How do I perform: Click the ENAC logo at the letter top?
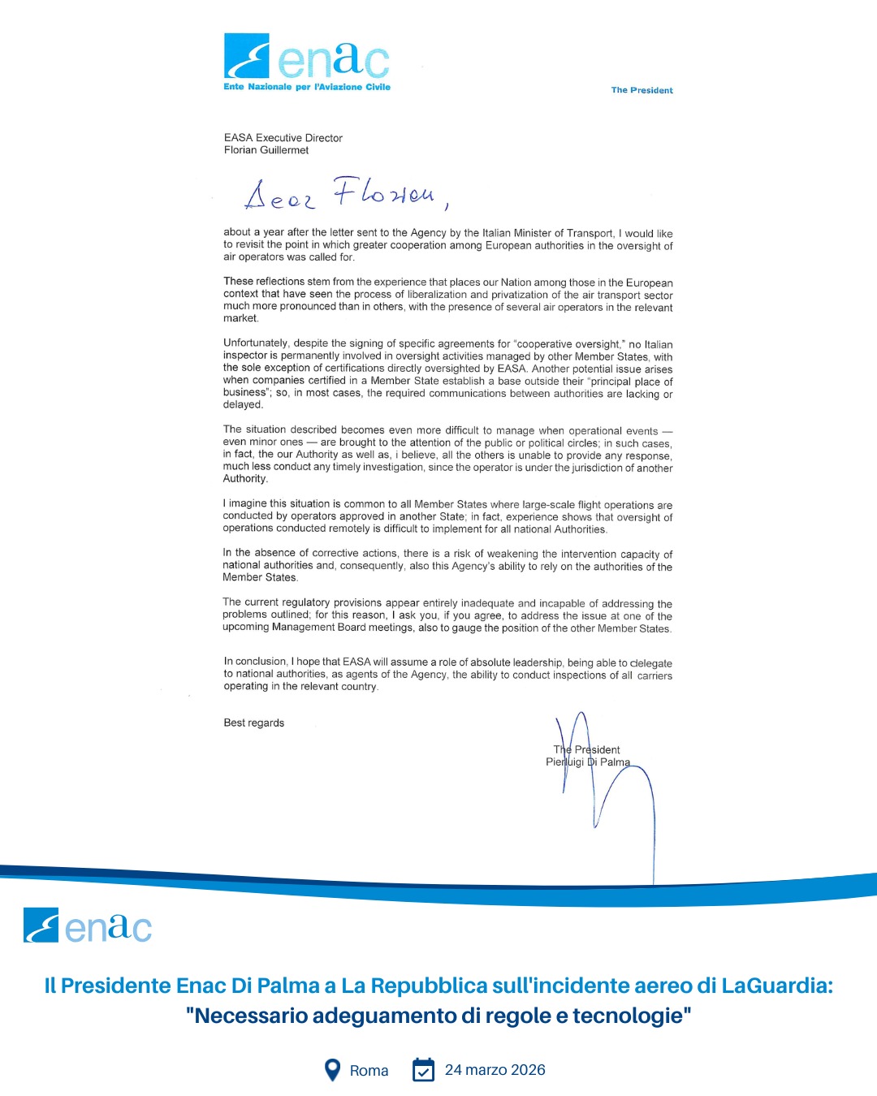tap(306, 57)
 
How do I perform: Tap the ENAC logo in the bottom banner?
tap(88, 926)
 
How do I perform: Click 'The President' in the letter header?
tap(642, 90)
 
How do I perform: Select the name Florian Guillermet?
tap(266, 150)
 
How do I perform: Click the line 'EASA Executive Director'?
tap(283, 138)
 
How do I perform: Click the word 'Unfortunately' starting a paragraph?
tap(255, 343)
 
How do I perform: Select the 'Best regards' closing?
tap(254, 723)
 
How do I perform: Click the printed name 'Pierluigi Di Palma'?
tap(588, 762)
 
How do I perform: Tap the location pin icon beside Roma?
tap(332, 1070)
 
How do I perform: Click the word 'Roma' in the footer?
tap(369, 1071)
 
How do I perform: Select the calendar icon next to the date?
tap(423, 1070)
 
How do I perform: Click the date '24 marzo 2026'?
tap(495, 1070)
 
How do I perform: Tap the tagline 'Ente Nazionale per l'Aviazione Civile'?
tap(307, 87)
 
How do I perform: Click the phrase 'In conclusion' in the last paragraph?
tap(255, 662)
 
